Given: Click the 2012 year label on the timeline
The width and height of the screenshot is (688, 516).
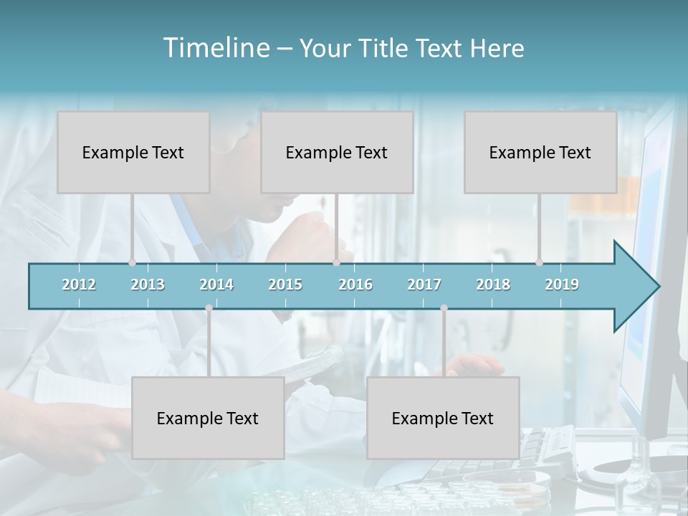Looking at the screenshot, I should (x=79, y=285).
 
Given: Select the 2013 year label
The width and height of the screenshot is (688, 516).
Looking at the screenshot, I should (x=148, y=285).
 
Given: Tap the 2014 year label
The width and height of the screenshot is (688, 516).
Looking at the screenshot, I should (x=216, y=285).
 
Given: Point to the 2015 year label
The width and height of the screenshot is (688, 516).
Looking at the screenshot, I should (x=285, y=285).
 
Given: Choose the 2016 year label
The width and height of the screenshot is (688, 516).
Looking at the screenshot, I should (x=355, y=285).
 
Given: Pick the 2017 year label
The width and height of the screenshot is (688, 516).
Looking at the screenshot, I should (x=424, y=285).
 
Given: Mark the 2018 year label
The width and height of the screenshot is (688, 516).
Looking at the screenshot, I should (x=493, y=285).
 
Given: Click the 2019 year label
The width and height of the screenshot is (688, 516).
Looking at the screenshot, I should (x=562, y=285).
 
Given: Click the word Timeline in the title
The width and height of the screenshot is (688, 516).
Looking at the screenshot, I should (x=216, y=48).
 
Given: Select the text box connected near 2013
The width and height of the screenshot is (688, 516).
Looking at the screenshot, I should (x=133, y=152).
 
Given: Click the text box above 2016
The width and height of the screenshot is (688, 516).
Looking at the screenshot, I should (x=337, y=152).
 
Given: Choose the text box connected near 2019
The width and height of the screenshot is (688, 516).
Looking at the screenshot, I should (x=540, y=152).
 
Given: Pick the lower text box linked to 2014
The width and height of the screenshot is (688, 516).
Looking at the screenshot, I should (x=208, y=418).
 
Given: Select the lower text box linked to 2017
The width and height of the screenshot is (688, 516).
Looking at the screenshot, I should (x=443, y=418).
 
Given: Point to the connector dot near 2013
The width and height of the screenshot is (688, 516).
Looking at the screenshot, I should (x=132, y=263).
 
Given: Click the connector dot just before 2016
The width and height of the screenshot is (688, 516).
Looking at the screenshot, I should (x=336, y=263).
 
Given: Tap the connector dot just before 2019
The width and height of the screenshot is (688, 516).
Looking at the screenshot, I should (x=539, y=263).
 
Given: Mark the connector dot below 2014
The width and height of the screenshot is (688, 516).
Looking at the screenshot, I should (x=209, y=308).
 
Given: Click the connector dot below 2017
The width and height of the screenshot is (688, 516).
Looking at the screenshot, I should (x=444, y=308).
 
